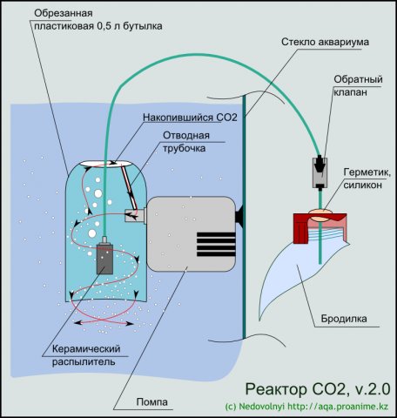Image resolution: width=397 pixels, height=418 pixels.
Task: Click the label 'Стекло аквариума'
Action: point(325,42)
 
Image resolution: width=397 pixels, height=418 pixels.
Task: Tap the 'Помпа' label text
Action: point(152,402)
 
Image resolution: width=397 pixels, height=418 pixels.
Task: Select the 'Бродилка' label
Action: point(344,319)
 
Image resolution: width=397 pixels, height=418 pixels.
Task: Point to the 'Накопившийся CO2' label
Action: point(190,118)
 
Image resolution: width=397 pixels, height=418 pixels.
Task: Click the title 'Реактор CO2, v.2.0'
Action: point(318,389)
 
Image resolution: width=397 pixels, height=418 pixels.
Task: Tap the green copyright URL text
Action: point(306,407)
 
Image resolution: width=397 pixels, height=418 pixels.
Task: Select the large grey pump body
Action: point(191,234)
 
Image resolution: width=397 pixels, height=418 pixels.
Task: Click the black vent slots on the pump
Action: point(216,244)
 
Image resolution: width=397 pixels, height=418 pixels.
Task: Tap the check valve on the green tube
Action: point(320,172)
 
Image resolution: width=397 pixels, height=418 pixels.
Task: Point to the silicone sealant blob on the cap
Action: point(321,214)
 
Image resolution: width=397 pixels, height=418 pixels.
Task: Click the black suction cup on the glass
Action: point(239,216)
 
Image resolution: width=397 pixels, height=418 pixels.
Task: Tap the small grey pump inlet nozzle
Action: point(135,215)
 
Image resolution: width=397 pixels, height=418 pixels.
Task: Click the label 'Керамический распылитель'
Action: point(86,355)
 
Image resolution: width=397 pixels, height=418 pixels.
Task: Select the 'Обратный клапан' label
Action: point(358,85)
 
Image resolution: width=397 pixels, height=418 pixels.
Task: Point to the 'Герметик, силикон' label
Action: point(367,179)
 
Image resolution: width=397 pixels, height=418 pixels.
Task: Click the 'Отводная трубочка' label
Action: point(185,142)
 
